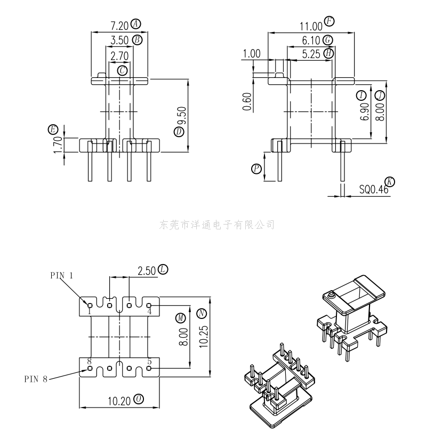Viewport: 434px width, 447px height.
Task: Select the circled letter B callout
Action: (x=138, y=40)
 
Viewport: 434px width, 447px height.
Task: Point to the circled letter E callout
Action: (x=52, y=130)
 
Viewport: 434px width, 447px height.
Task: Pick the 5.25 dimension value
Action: (x=311, y=54)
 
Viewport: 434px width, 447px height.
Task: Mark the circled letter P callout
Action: (x=256, y=169)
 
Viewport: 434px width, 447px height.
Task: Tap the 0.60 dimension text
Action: (x=247, y=102)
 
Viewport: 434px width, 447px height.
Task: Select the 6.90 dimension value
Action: (x=365, y=111)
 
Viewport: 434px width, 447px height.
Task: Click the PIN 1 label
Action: (x=62, y=275)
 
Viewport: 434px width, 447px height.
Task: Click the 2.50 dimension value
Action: (x=147, y=270)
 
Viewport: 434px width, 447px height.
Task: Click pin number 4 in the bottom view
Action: (x=150, y=311)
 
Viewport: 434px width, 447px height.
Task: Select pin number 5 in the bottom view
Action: (x=150, y=362)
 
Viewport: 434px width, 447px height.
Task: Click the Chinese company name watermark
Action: (x=217, y=225)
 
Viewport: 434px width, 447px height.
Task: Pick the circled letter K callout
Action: (x=390, y=182)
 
